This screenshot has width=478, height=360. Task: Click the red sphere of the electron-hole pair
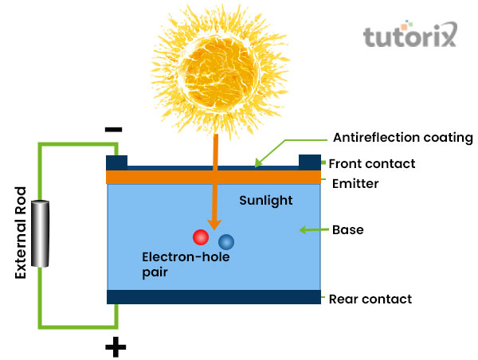click(200, 237)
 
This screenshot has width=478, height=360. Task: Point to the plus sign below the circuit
click(116, 346)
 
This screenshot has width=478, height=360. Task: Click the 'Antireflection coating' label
click(402, 138)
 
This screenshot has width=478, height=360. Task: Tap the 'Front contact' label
click(372, 163)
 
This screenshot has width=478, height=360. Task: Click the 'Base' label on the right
click(347, 230)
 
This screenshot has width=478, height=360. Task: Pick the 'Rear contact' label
click(370, 299)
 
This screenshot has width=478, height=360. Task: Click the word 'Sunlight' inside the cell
click(266, 201)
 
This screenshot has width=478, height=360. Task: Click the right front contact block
click(309, 162)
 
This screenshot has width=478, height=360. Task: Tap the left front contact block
click(117, 162)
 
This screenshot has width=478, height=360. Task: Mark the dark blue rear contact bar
click(214, 297)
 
